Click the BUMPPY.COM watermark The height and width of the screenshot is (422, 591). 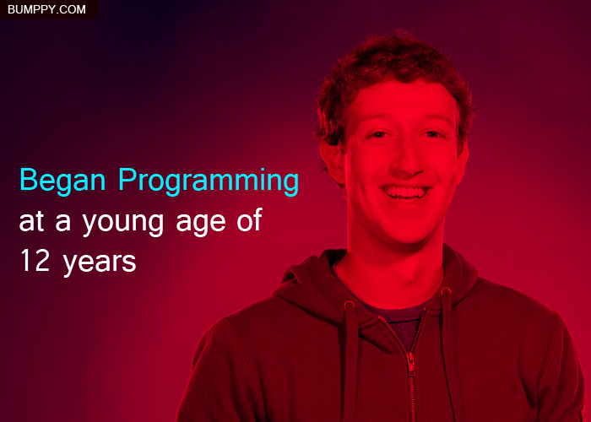[46, 9]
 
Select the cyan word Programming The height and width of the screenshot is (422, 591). [209, 181]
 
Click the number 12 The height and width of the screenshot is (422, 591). [35, 260]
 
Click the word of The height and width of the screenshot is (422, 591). [249, 220]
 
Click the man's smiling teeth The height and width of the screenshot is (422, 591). [405, 192]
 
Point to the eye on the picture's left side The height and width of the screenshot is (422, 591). [378, 134]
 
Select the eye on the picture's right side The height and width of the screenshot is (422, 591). [432, 134]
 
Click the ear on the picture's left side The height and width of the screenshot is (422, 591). [332, 163]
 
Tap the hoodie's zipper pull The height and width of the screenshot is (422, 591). [412, 367]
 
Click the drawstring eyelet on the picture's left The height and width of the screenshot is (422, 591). [349, 305]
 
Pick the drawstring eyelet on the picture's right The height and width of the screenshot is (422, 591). [446, 290]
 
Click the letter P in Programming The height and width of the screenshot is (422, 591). [127, 180]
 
